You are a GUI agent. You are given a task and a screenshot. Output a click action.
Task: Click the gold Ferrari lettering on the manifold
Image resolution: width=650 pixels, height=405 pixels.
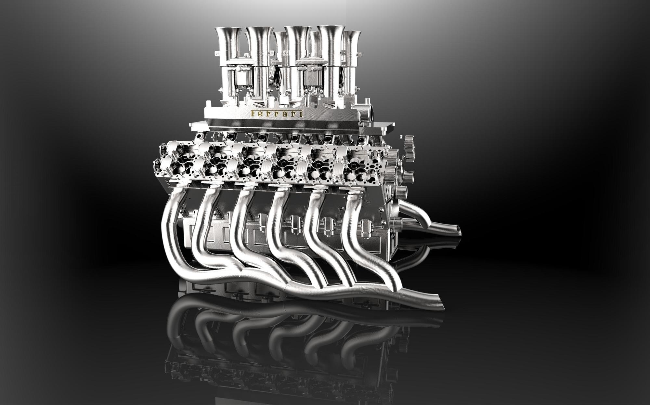point(277,113)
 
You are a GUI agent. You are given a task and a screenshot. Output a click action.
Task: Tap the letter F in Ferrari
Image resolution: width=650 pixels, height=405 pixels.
point(253,113)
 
